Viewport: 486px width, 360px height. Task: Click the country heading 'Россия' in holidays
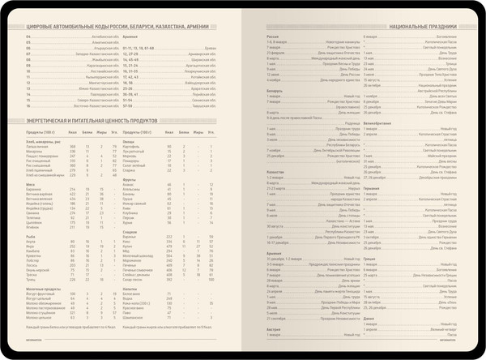coord(273,36)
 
